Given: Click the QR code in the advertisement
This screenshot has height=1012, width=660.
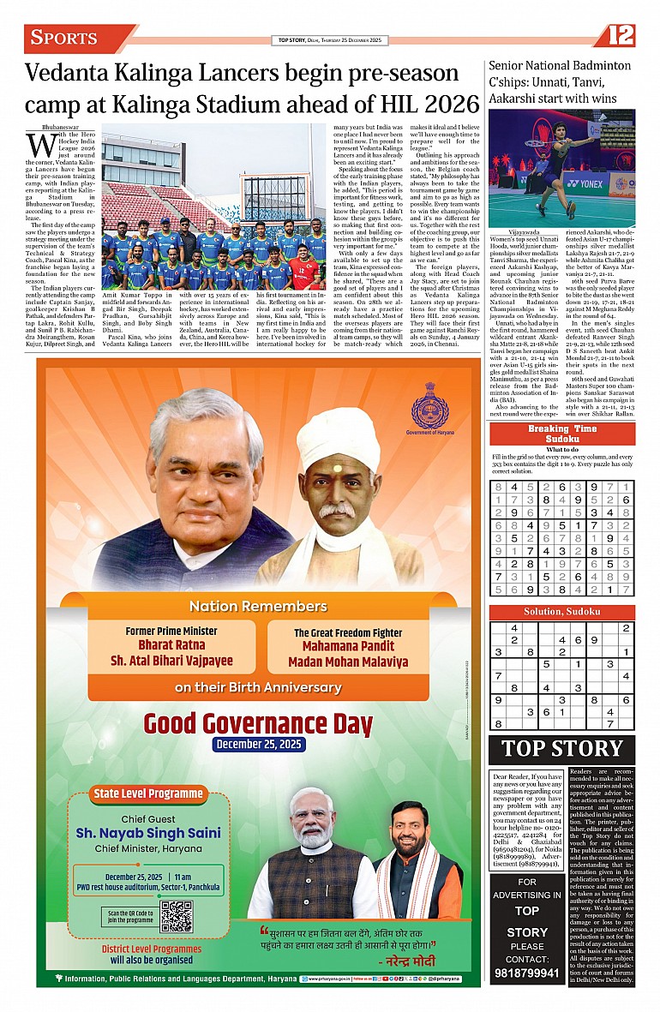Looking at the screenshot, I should pyautogui.click(x=177, y=915).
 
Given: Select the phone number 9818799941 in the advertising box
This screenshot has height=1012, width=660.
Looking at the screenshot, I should pyautogui.click(x=527, y=973).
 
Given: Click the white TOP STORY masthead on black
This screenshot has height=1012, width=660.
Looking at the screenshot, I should pyautogui.click(x=562, y=748).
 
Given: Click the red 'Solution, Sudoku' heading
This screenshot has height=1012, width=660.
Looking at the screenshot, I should pyautogui.click(x=562, y=612).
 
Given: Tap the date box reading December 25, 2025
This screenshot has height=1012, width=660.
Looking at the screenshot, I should pyautogui.click(x=259, y=744).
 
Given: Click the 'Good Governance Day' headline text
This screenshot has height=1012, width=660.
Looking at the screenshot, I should pyautogui.click(x=259, y=722).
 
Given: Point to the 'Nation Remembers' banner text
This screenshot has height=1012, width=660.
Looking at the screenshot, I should pyautogui.click(x=258, y=606).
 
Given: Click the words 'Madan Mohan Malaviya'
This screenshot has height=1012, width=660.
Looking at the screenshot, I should pyautogui.click(x=348, y=662).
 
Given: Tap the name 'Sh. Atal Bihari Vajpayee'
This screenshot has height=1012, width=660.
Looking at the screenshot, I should pyautogui.click(x=171, y=661).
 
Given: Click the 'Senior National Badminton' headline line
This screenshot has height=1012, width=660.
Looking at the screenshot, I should pyautogui.click(x=560, y=65).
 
